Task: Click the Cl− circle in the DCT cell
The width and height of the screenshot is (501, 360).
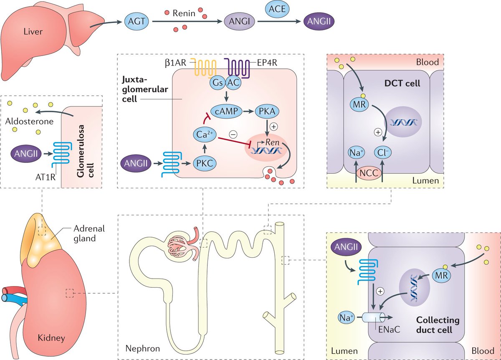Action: click(x=383, y=152)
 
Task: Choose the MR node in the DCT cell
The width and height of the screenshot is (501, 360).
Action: click(x=359, y=105)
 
